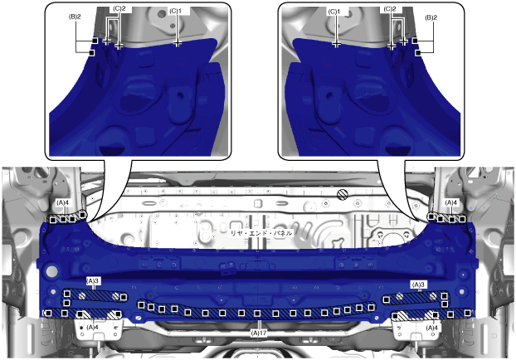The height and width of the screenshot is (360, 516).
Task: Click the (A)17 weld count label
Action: tap(259, 333)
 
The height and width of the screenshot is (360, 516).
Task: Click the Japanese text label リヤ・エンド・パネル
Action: tap(260, 233)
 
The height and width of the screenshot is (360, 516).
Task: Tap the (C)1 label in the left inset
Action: tap(175, 11)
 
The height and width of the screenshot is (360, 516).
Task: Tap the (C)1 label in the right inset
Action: tap(333, 12)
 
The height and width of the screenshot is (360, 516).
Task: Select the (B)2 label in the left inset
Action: tap(75, 17)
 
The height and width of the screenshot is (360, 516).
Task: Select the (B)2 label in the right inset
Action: tap(431, 17)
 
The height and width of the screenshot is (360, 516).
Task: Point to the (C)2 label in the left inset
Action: tap(119, 9)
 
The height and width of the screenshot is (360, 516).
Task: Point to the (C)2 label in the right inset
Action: tap(390, 9)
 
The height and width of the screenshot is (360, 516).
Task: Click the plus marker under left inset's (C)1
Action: tap(178, 42)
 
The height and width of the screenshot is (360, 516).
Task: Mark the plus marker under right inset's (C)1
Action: tap(336, 44)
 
